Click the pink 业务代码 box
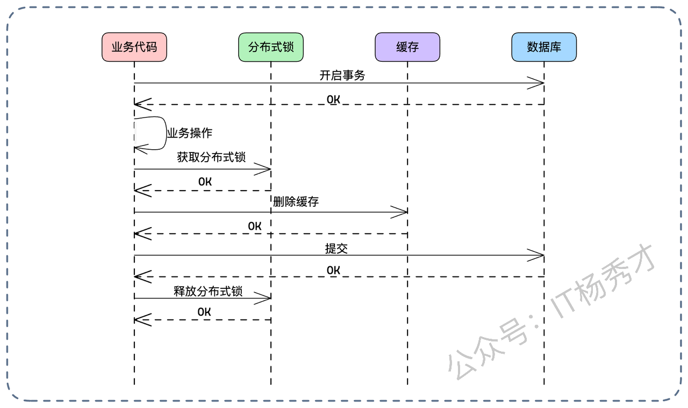coord(134,47)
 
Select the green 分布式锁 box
coord(271,47)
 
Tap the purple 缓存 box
coord(407,47)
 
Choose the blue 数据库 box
coord(544,47)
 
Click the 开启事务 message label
coord(342,75)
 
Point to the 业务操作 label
coord(189,133)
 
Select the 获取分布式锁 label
coord(211,157)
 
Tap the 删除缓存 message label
coord(296,201)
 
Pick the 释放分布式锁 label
coord(208,292)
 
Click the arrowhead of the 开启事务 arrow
coord(537,83)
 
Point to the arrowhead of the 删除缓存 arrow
coord(401,212)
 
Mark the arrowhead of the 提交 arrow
coord(537,256)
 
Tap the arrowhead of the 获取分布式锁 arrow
coord(264,169)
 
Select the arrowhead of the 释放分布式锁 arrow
coord(264,298)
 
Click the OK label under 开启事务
coord(333,99)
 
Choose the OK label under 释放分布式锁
coord(204,312)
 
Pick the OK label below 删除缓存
coord(255,227)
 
